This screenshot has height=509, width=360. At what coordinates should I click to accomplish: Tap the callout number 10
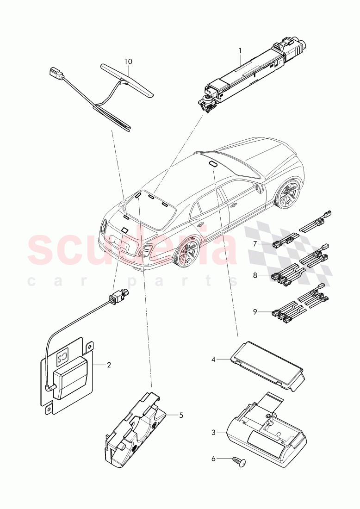pos(128,61)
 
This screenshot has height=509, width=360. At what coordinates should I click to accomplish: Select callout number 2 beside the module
pos(109,365)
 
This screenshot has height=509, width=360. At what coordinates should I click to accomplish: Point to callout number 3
pos(213,432)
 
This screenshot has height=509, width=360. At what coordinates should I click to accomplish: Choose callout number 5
pos(181,415)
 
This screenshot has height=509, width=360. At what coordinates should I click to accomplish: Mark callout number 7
pos(254,243)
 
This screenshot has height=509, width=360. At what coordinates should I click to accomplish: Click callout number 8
pos(255,276)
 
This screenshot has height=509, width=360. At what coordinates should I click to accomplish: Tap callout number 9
pos(255,312)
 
